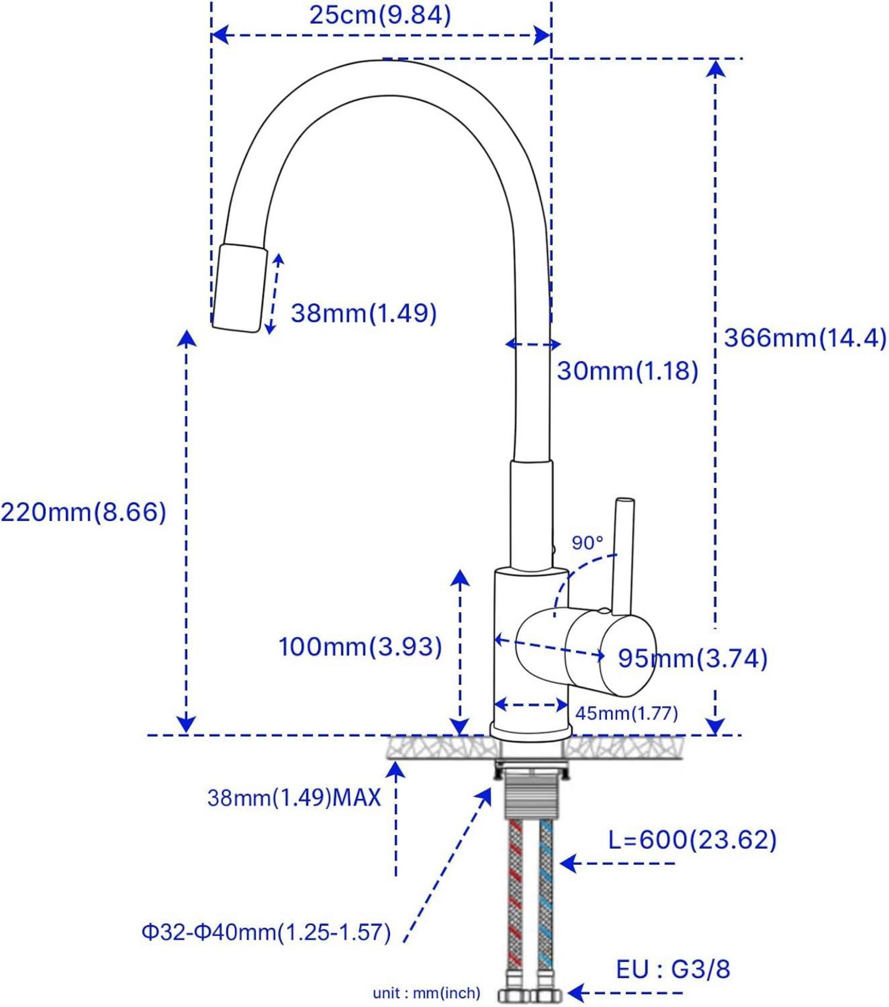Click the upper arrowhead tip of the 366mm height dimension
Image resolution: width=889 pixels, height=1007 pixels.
pos(717,60)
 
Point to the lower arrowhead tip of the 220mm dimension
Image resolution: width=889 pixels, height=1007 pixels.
pos(187,733)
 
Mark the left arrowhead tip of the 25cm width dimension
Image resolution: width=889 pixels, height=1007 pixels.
pos(212,36)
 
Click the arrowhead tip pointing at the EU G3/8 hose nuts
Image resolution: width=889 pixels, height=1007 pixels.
pos(567,993)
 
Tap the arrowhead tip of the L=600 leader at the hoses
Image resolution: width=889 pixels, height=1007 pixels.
pos(559,864)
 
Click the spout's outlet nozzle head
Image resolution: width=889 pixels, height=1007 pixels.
pos(239,288)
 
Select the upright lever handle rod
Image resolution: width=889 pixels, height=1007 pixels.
pos(623,556)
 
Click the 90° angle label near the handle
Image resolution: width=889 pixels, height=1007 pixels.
pos(587,542)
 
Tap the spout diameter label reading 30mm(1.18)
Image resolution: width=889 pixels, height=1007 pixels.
pos(628,371)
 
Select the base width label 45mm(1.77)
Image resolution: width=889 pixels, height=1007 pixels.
pos(626,712)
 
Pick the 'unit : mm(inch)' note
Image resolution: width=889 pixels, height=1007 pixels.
pos(426,993)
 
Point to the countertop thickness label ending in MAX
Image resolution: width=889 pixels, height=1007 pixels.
pos(294,798)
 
